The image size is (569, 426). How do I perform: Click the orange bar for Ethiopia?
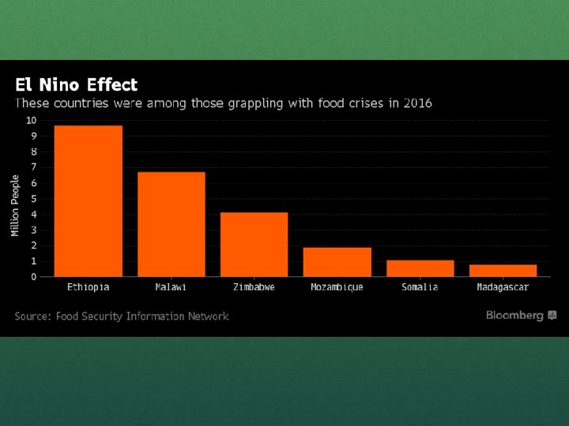tap(88, 201)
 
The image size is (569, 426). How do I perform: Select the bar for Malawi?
tap(171, 224)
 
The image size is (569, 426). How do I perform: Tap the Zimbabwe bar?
tap(254, 245)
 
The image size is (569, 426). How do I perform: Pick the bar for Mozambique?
tap(337, 262)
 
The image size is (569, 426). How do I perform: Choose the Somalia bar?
tap(420, 268)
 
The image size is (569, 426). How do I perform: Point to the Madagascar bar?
tap(503, 271)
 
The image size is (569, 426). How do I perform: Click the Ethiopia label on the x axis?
tap(88, 287)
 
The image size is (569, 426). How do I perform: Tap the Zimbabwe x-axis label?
tap(254, 287)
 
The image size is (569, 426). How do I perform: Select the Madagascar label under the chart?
tap(503, 287)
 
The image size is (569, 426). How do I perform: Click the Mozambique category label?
tap(337, 287)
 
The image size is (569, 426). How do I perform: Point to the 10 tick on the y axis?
tap(31, 120)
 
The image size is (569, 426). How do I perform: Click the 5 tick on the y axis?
tap(33, 198)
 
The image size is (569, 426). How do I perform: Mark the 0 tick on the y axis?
tap(33, 277)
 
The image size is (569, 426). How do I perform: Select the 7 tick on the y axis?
tap(33, 167)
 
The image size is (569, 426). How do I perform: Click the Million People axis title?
tap(15, 206)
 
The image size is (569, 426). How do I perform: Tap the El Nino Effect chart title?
tap(76, 85)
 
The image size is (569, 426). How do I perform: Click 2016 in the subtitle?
tap(416, 103)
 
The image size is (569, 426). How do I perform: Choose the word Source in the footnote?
tap(32, 316)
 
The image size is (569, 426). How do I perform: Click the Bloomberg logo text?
tap(514, 316)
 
